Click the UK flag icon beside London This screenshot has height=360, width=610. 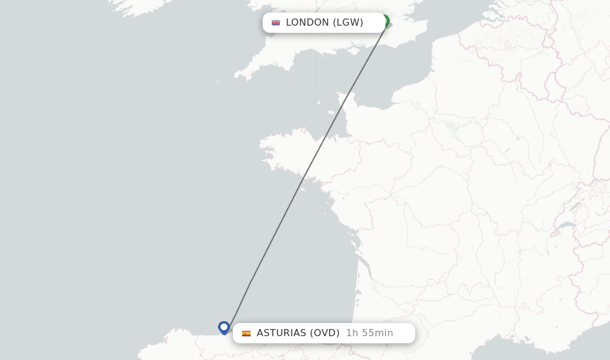click(276, 23)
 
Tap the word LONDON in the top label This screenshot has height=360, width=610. click(307, 23)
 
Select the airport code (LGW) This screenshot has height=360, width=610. click(348, 23)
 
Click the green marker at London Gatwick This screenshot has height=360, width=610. click(385, 21)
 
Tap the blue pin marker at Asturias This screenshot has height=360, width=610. click(224, 327)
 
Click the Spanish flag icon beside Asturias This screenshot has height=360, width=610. click(246, 333)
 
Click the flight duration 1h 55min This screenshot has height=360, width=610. click(369, 333)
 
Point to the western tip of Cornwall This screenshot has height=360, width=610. click(236, 76)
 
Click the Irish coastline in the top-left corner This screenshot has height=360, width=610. click(137, 7)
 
